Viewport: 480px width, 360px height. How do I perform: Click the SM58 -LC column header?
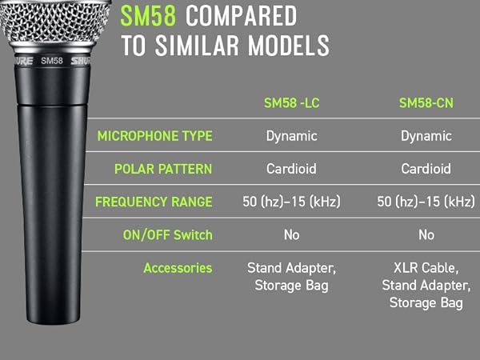point(291,103)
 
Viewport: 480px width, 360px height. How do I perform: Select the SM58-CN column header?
point(426,103)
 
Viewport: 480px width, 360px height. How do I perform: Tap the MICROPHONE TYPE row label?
point(154,136)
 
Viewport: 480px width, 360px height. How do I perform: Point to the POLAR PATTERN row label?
point(163,170)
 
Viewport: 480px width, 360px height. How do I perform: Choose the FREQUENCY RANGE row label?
point(154,202)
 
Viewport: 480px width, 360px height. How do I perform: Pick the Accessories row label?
point(178,268)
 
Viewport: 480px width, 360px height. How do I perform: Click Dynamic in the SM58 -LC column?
point(291,136)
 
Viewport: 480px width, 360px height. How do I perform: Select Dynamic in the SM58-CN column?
point(426,136)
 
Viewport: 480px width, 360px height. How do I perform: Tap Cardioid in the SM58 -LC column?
point(291,170)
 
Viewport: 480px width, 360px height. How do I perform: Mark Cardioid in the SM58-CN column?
point(426,170)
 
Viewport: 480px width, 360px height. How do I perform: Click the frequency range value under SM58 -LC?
point(291,202)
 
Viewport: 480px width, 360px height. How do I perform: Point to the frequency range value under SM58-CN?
point(426,202)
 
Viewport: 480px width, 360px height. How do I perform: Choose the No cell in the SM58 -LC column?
point(291,234)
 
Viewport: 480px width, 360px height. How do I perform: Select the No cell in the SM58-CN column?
point(426,234)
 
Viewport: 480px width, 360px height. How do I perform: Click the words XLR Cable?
point(426,268)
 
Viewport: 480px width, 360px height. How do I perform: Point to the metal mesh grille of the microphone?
point(48,24)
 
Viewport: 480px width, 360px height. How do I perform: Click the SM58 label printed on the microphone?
point(51,60)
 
